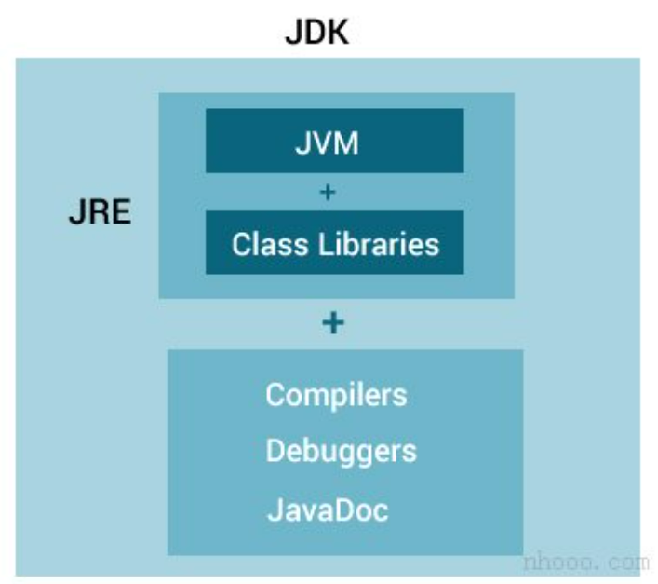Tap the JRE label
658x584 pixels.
99,212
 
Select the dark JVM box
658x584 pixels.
334,142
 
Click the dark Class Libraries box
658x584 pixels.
334,243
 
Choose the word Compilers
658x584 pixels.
336,395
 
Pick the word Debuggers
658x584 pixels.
341,452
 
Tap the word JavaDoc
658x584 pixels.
327,509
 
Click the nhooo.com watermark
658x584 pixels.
584,562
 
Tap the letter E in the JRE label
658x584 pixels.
120,212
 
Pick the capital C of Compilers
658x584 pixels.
276,395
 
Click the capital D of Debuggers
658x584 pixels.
276,452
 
